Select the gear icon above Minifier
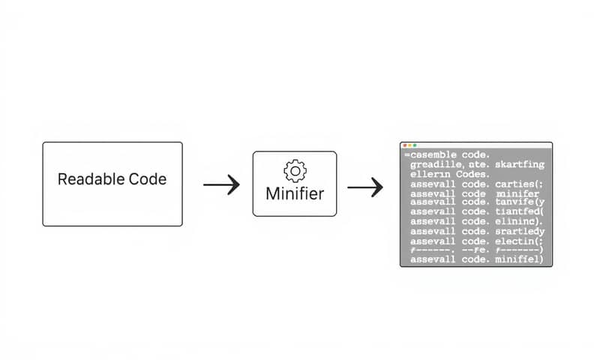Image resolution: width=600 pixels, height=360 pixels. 295,170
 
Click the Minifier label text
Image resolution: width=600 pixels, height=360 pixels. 295,193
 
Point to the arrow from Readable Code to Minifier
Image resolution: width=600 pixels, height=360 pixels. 221,184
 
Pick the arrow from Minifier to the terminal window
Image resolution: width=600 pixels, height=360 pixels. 365,187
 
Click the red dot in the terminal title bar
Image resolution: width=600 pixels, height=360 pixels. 405,145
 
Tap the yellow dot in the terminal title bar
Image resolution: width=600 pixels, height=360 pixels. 410,145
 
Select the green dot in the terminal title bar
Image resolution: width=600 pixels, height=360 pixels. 415,145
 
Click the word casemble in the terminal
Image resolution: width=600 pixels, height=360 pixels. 431,154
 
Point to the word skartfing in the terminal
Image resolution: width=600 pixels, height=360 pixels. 520,163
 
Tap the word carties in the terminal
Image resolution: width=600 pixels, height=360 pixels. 517,184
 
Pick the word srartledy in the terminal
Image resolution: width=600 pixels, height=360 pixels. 520,232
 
